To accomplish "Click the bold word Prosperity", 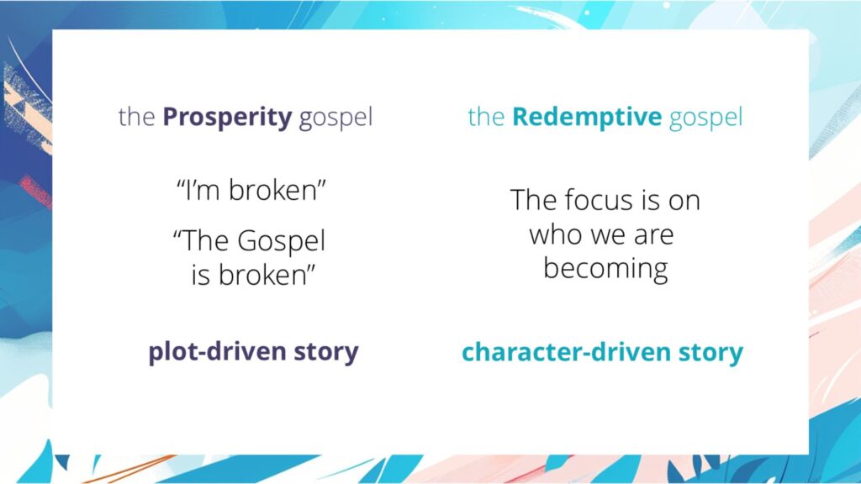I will tap(227, 117).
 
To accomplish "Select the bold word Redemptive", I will tap(587, 117).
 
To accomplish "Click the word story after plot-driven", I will tap(323, 352).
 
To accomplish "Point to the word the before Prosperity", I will tap(136, 117).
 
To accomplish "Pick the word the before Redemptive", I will tap(485, 117).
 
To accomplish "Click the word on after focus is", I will tap(684, 201).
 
